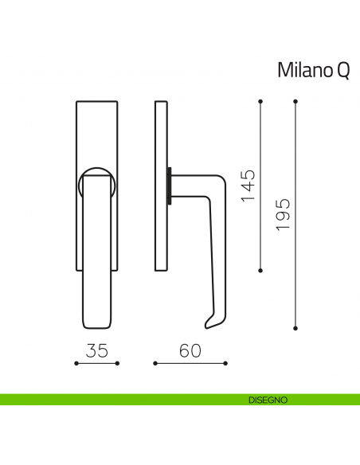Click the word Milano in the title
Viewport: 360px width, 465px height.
[303, 70]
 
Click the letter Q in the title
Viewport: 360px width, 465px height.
[342, 71]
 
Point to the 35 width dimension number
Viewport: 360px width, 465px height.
[96, 350]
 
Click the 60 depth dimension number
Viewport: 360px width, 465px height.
[190, 350]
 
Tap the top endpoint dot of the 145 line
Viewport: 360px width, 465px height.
[261, 101]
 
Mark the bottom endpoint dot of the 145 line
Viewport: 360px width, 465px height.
[261, 271]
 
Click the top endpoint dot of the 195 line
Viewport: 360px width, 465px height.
[295, 101]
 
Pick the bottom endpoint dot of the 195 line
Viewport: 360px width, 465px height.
[295, 327]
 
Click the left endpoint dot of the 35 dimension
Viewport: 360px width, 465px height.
[76, 364]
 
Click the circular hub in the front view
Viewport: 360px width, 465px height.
[96, 181]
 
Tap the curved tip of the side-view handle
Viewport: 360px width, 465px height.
[208, 322]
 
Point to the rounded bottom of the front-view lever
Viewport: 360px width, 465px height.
[96, 322]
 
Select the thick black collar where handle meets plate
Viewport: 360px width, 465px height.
[169, 185]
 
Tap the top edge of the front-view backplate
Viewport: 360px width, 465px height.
[96, 102]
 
